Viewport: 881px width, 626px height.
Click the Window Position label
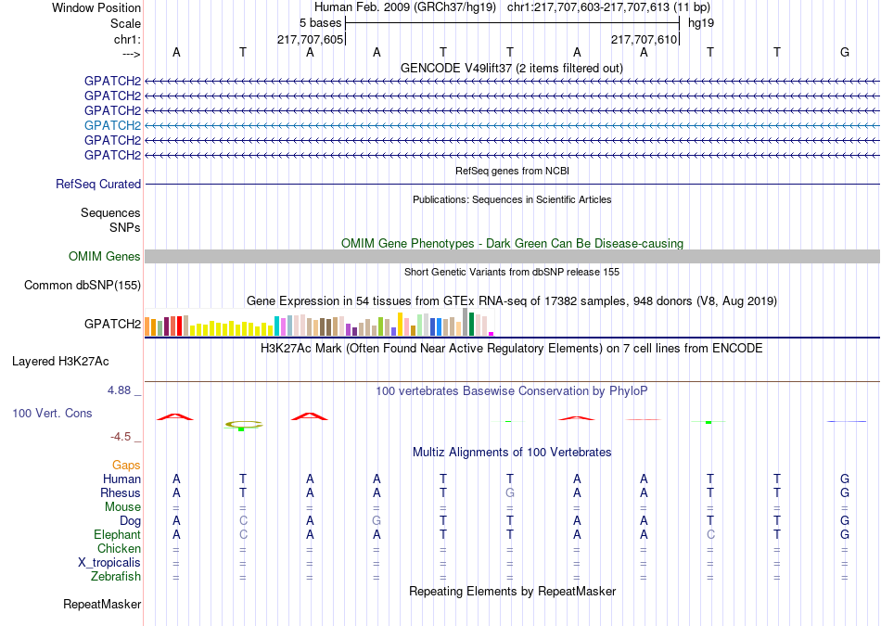click(96, 7)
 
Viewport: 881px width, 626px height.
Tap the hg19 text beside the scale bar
click(701, 23)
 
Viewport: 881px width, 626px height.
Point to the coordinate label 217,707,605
click(310, 39)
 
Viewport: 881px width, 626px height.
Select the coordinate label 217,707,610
click(644, 39)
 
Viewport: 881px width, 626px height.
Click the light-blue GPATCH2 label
click(112, 125)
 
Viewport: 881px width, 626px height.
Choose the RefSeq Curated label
click(98, 185)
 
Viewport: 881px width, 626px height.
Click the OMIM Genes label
click(105, 257)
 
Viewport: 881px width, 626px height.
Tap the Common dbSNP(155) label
click(83, 286)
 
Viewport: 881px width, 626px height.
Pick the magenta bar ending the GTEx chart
click(492, 334)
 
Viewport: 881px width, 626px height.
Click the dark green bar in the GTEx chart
click(471, 325)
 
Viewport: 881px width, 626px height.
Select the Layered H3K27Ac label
click(60, 362)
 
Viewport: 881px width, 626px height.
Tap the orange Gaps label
click(126, 466)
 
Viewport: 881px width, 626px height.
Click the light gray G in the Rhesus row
click(510, 492)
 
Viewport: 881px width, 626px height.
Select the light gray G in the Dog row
click(377, 521)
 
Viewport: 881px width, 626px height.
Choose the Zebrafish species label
click(116, 577)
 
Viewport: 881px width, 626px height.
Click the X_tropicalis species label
click(109, 563)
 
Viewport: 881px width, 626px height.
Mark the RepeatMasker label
click(102, 605)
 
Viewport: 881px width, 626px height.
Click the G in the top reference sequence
click(845, 52)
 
